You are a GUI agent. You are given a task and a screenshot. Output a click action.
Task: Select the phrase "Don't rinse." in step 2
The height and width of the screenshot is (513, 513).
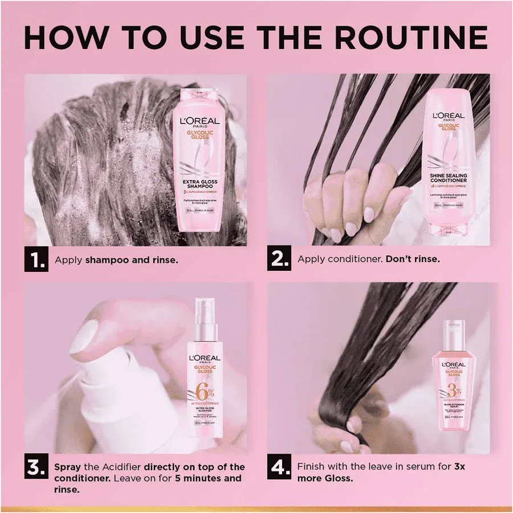click(412, 259)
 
